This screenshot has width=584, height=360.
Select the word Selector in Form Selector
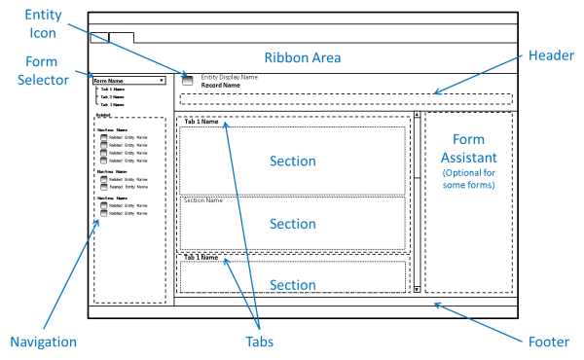[x=47, y=81]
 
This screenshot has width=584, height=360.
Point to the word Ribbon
[x=283, y=58]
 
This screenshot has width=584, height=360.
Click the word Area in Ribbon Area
[x=324, y=58]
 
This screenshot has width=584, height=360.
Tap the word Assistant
[x=468, y=158]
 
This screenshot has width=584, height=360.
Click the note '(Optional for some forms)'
[x=468, y=179]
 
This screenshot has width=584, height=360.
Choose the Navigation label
[x=43, y=342]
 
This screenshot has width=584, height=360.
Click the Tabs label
[x=259, y=342]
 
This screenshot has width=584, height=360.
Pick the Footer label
[x=548, y=342]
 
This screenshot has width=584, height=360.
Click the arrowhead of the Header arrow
[x=436, y=93]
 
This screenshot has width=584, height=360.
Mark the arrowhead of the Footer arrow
[x=436, y=305]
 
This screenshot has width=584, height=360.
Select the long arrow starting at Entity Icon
[x=127, y=48]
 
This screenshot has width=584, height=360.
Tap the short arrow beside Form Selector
[x=85, y=74]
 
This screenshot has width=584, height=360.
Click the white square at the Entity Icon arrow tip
[x=187, y=81]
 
